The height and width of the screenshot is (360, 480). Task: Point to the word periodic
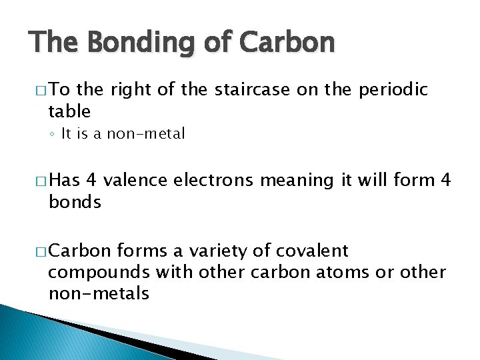tap(395, 90)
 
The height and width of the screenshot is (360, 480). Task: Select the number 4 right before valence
tap(91, 180)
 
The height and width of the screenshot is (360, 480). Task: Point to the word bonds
tap(75, 201)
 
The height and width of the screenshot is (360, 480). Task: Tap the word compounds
tap(99, 272)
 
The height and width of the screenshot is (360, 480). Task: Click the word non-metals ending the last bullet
tap(99, 293)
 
